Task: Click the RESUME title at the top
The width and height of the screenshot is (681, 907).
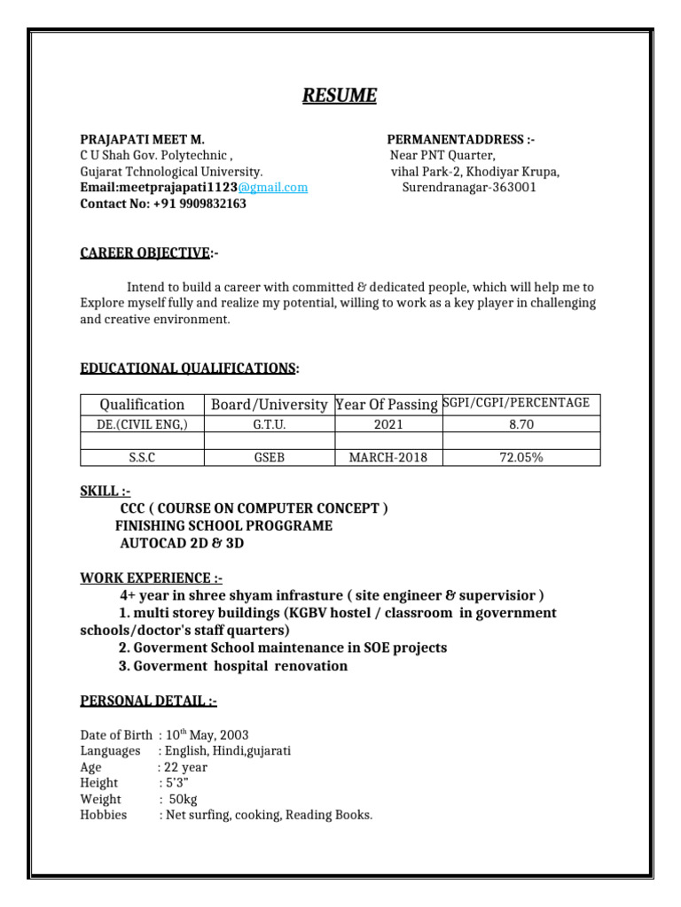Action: pos(340,96)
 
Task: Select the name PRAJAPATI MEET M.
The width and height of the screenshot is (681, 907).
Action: pos(143,140)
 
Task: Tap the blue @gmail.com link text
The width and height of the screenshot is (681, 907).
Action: pos(272,188)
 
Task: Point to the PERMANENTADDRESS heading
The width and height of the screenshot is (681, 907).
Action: pos(460,140)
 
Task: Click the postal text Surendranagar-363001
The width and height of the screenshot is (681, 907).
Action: pos(469,188)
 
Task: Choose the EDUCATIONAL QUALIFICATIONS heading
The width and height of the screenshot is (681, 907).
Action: pos(189,367)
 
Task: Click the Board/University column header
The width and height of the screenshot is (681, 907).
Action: pos(269,405)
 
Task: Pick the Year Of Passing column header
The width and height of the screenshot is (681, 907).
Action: pos(387,405)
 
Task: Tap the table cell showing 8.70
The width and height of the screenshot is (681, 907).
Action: pos(521,424)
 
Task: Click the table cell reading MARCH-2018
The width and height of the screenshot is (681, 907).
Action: pos(387,458)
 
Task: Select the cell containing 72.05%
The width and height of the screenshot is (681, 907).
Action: pos(521,458)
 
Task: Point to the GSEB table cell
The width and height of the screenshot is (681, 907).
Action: pos(269,458)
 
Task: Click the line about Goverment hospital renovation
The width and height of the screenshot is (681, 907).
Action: pos(233,665)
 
